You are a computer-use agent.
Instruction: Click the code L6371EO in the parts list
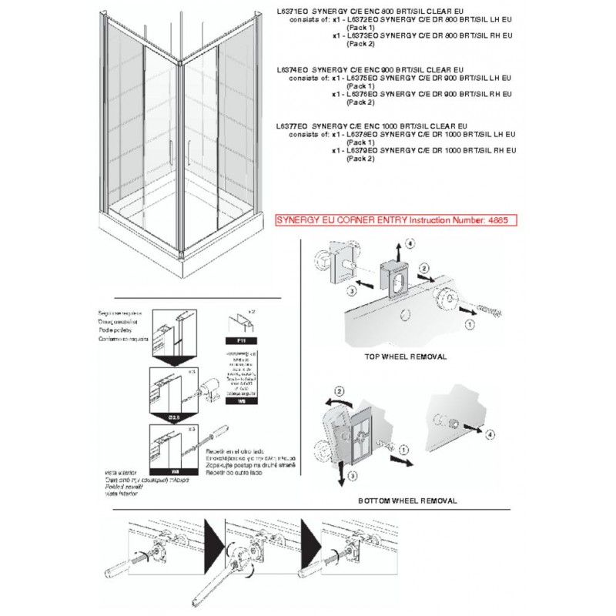[287, 12]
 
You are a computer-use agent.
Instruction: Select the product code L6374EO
[287, 70]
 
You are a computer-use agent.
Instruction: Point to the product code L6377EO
[287, 127]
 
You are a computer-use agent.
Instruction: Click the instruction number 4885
[497, 219]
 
